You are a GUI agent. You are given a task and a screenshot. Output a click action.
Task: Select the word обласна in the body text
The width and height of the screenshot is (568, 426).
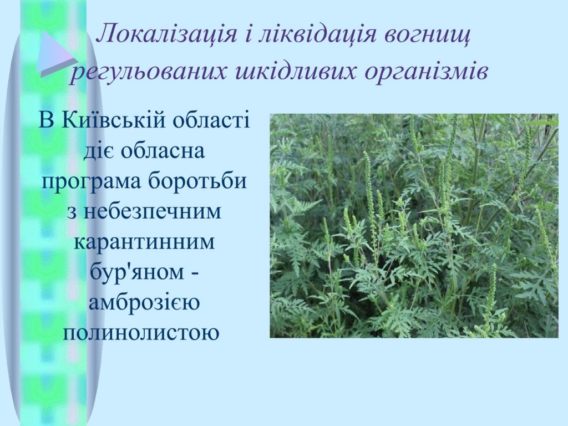[x=163, y=151]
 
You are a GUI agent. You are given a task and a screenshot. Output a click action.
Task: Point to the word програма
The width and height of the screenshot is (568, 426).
[x=91, y=181]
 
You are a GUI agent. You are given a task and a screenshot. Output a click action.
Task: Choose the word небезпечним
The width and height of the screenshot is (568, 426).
[x=153, y=211]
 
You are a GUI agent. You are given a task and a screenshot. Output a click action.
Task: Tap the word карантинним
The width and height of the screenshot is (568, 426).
[x=145, y=242]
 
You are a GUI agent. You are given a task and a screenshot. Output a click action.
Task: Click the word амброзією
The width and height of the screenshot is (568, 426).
[x=144, y=302]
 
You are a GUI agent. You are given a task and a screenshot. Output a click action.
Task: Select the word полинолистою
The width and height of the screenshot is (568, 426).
[x=141, y=332]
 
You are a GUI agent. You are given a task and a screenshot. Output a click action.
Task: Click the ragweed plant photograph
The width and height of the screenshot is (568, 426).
[x=414, y=226]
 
